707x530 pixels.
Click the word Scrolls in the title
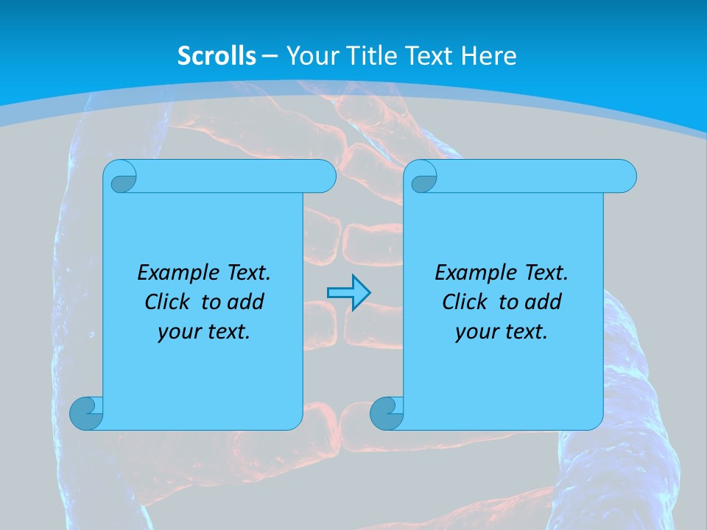[217, 55]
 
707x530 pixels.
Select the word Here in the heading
[488, 55]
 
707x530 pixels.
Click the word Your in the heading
[309, 55]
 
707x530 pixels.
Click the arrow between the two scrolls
[348, 293]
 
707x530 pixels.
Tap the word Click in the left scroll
[166, 302]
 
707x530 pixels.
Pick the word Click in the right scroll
[464, 302]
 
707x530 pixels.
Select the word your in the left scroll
[179, 332]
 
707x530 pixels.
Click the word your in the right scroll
[476, 332]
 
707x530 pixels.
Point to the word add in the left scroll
[246, 302]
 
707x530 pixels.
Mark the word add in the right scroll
[544, 302]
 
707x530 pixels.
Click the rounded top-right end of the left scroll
[325, 177]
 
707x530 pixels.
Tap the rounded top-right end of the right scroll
[625, 177]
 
